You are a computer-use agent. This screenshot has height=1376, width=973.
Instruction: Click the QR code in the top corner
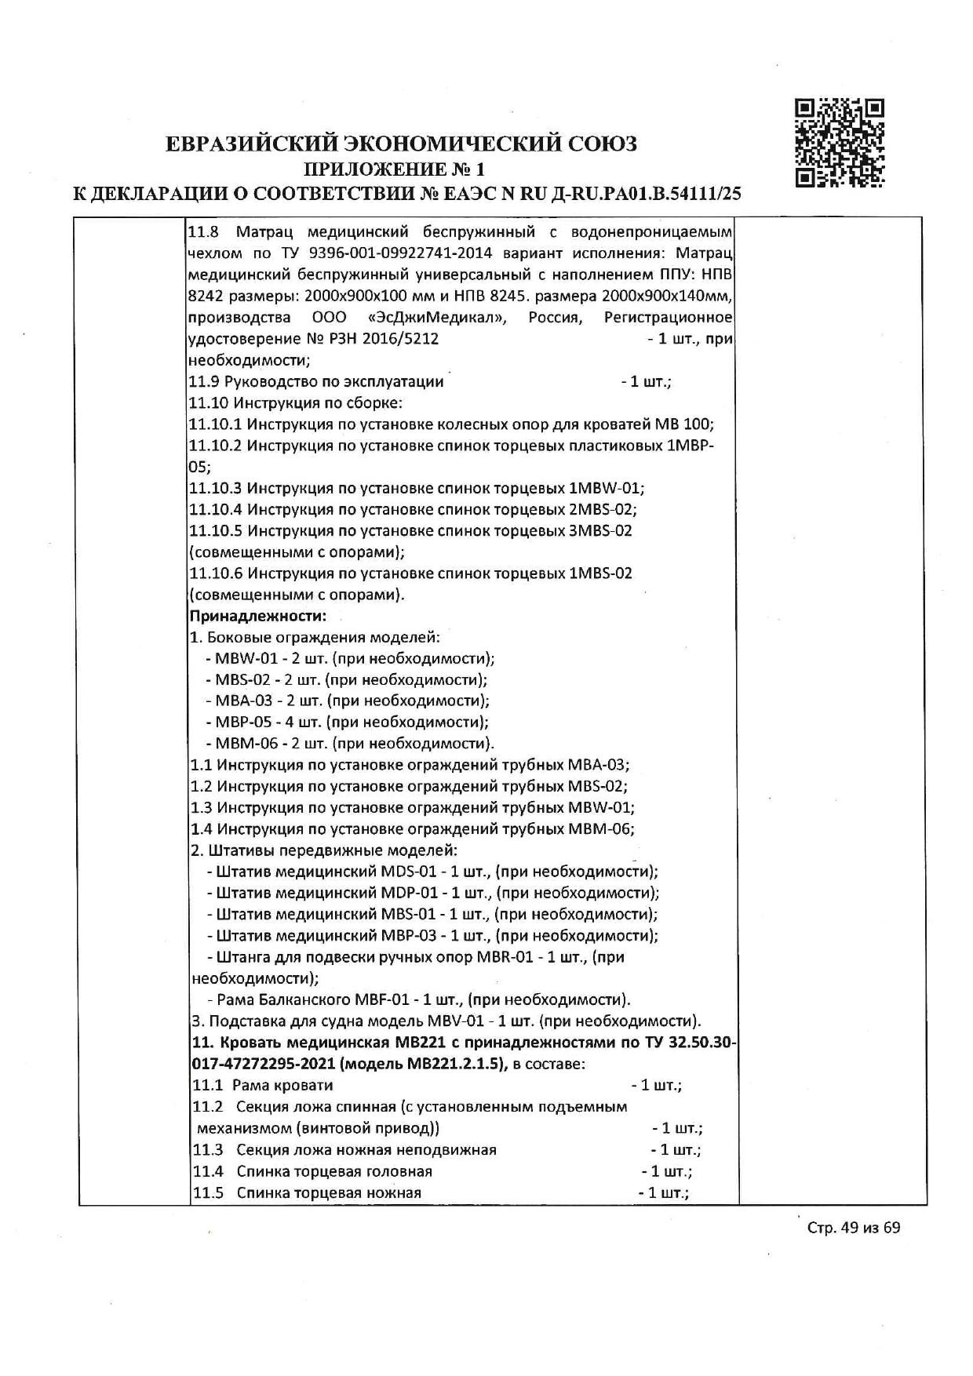[840, 143]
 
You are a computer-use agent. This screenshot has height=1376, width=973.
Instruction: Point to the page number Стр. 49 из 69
[854, 1249]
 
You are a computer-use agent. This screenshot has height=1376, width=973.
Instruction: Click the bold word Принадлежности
[257, 616]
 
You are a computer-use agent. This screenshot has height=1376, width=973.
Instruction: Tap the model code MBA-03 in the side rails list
[240, 701]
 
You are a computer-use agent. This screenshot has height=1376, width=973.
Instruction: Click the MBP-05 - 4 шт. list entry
[270, 722]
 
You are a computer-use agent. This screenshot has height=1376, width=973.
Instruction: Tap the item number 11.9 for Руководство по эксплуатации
[205, 382]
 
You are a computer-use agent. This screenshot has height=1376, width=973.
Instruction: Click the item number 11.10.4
[216, 509]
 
